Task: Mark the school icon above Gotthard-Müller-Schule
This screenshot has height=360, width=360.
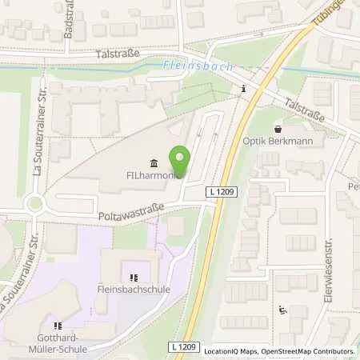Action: [x=57, y=326]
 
